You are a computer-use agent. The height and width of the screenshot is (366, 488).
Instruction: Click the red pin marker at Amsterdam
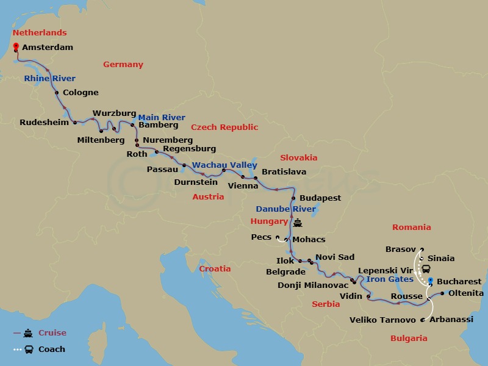coord(15,46)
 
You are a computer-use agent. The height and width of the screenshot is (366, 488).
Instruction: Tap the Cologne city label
coord(81,93)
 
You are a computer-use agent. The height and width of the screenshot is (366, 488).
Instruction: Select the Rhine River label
coord(50,78)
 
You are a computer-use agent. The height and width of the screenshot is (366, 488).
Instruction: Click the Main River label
coord(162,117)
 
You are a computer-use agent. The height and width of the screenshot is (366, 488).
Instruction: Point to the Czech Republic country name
coord(224,127)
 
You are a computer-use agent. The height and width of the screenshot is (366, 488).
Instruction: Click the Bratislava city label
coord(284,172)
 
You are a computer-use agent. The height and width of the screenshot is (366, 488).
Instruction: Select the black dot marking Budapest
coord(293,198)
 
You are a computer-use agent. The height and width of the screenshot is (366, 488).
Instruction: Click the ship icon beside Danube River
coord(298,223)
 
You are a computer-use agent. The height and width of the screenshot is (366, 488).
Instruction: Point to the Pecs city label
coord(261,237)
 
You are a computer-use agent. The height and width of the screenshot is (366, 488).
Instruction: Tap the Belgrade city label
coord(285,271)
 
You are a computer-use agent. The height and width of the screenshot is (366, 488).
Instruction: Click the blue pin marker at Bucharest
coord(431,281)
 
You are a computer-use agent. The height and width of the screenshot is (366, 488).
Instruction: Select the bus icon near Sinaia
coord(426,269)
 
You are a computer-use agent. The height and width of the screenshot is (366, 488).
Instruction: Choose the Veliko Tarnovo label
coord(383,320)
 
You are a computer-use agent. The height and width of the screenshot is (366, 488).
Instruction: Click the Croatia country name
coord(215,268)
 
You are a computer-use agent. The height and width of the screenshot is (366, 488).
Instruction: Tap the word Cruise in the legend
coord(52,333)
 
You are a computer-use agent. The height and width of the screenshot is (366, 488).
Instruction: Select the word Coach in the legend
coord(52,350)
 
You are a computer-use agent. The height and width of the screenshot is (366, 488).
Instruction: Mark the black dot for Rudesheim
coord(76,122)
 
